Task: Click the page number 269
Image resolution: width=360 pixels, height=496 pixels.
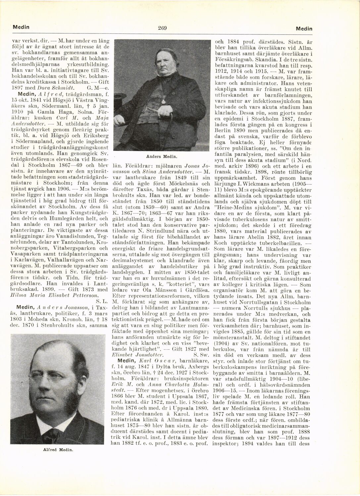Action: coord(162,28)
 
